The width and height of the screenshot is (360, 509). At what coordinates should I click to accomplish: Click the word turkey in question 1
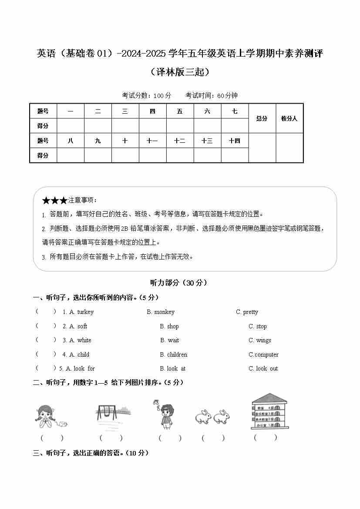[85, 312]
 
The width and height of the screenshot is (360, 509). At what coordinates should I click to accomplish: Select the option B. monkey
[161, 312]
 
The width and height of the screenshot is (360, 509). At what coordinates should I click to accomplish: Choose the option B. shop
[169, 326]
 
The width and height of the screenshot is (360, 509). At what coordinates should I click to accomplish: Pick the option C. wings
[260, 340]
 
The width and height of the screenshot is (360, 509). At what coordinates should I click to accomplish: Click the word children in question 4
[177, 354]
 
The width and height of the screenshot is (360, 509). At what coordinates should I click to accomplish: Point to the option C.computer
[263, 354]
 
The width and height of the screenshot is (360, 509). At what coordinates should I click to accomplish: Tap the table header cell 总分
[262, 118]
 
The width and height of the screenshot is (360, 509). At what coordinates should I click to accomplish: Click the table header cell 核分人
[289, 118]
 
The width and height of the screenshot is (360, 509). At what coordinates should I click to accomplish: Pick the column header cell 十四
[235, 141]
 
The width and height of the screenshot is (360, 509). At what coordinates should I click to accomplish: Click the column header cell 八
[71, 141]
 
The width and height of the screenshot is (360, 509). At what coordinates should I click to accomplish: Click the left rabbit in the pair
[203, 416]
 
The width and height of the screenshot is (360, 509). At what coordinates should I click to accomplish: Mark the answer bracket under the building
[266, 437]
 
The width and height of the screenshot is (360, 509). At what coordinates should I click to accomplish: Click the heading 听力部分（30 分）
[178, 283]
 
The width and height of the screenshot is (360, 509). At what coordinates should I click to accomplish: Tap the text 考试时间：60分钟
[212, 95]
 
